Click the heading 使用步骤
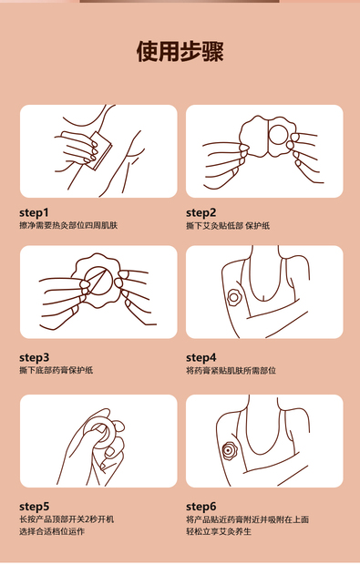pos(180,51)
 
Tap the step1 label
pos(34,212)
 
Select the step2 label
pos(201,212)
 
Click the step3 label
pos(34,357)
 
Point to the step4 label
pos(201,357)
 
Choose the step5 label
pos(34,507)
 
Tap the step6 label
pos(201,507)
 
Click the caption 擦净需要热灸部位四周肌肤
pos(68,226)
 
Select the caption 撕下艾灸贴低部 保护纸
pos(228,226)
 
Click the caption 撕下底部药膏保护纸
pos(57,370)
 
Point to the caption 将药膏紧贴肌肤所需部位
pos(231,370)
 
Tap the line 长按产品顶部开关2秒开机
pos(67,519)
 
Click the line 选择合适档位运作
pos(52,531)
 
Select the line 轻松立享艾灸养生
pos(219,531)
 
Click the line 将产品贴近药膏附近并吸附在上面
pos(248,519)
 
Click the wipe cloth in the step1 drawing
pos(99,149)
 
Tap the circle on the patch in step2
pos(279,135)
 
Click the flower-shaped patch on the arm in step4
pos(233,297)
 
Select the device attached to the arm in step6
pos(229,450)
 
